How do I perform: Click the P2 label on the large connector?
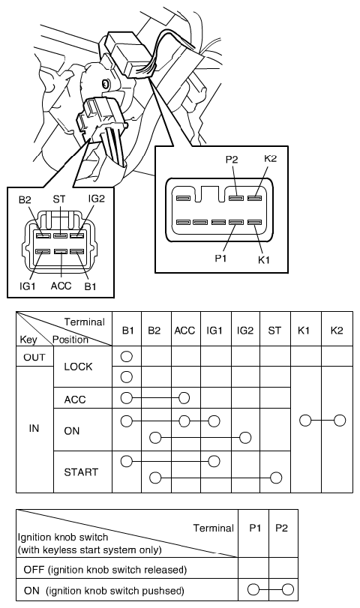tap(231, 160)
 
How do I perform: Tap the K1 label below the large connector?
tap(263, 259)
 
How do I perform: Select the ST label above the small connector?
tap(59, 199)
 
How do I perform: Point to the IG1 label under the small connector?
tap(28, 286)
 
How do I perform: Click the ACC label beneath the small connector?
tap(61, 286)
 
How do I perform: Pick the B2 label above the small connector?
tap(25, 199)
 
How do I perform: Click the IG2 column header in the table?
tap(245, 331)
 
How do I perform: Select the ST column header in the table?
tap(274, 331)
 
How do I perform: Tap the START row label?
tap(81, 472)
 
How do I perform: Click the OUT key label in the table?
tap(34, 357)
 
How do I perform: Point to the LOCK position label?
tap(78, 367)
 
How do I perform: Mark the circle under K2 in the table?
tap(340, 421)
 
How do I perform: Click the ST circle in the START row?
tap(276, 478)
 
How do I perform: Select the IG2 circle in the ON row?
tap(245, 438)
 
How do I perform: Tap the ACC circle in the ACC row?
tap(184, 398)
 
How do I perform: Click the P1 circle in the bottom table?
tap(253, 590)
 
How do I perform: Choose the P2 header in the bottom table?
tap(282, 528)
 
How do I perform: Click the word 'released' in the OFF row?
tap(165, 570)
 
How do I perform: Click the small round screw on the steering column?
tap(105, 83)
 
